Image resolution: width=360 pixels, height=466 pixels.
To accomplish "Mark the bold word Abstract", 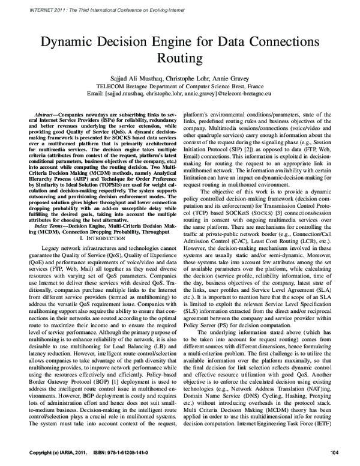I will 46,113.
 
